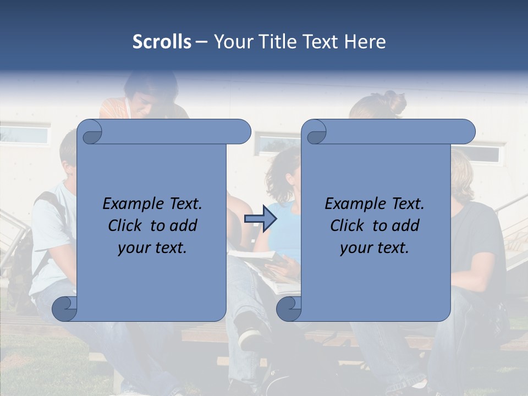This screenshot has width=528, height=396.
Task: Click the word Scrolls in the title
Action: [162, 42]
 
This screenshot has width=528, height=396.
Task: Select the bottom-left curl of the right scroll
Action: [289, 309]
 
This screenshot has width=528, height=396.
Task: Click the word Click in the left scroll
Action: [127, 226]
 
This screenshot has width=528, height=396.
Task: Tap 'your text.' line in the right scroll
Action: [375, 248]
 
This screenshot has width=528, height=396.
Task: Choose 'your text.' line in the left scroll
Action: [152, 248]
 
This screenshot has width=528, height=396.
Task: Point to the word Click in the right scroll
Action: [349, 226]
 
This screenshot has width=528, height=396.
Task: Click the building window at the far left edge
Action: [25, 135]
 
